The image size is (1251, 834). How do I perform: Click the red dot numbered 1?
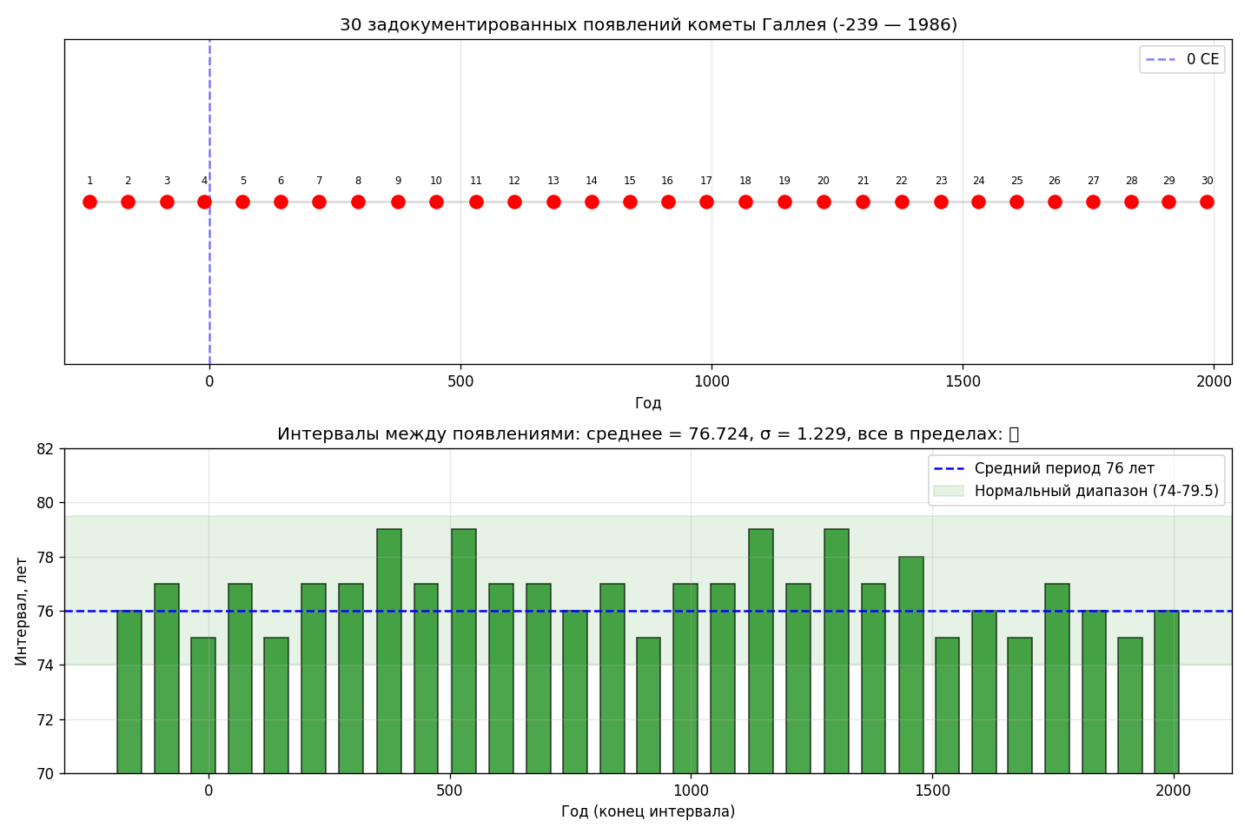[x=89, y=202]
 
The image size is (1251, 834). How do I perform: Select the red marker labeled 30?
[x=1207, y=202]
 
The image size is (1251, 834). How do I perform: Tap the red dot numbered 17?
[x=706, y=202]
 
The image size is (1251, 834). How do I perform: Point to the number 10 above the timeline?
[x=436, y=181]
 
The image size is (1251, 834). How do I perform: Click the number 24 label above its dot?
[x=978, y=181]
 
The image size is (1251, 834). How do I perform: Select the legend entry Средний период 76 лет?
[x=1063, y=468]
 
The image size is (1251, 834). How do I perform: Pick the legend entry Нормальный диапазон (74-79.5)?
[x=1095, y=491]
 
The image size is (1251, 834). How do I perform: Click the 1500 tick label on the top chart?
[x=963, y=381]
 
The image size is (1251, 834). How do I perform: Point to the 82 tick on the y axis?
[x=44, y=449]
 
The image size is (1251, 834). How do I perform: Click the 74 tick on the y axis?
[x=44, y=665]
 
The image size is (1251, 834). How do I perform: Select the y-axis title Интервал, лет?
[x=22, y=611]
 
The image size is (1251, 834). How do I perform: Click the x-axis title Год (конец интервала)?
[x=648, y=811]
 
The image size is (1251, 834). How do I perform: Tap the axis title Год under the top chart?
[x=648, y=402]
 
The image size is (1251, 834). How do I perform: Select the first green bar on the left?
[x=129, y=692]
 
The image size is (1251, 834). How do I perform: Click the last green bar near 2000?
[x=1166, y=692]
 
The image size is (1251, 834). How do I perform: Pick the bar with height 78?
[x=911, y=665]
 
